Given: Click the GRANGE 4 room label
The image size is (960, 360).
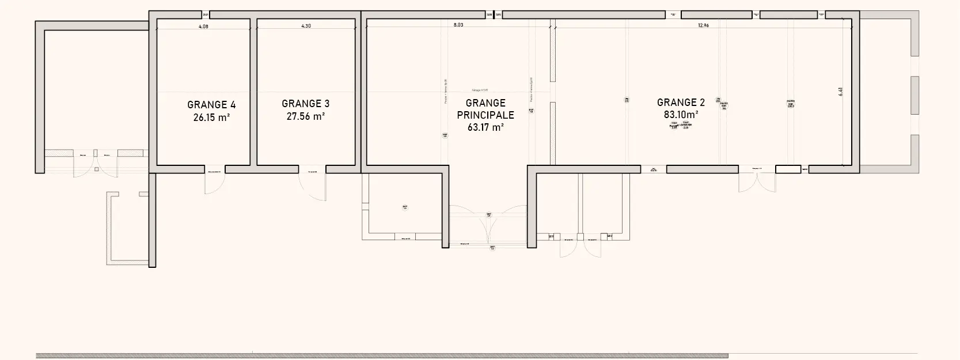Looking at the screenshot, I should (211, 105).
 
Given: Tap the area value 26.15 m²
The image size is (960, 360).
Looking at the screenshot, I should (211, 118).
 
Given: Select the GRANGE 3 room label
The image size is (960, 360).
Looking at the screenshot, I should (305, 104).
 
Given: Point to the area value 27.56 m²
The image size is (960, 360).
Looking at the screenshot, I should (305, 116).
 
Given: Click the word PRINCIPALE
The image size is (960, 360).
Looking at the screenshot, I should (485, 115).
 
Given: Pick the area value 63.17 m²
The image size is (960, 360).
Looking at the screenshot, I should (485, 127).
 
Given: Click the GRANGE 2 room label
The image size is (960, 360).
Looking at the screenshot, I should (681, 103).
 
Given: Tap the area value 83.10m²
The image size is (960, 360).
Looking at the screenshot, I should (681, 115).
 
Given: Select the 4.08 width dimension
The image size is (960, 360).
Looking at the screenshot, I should (203, 26).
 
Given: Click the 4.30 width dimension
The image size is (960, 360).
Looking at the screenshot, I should (306, 26).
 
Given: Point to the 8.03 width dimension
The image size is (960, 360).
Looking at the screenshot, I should (458, 25).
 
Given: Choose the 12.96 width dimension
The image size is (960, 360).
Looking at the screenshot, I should (703, 25).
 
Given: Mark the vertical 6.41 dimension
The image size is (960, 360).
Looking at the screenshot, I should (841, 91).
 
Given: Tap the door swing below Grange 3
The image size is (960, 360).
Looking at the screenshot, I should (312, 185).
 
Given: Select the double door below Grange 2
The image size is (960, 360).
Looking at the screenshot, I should (757, 182).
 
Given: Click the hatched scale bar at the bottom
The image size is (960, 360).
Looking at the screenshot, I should (380, 356).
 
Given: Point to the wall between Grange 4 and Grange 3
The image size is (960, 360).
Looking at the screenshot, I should (253, 92).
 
